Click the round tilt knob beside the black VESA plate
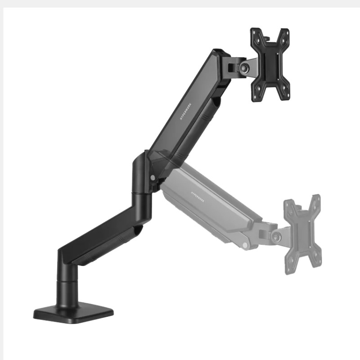click(x=244, y=67)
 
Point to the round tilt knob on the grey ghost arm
click(x=275, y=235)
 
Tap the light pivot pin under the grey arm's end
click(x=244, y=245)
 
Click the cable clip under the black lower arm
click(x=135, y=232)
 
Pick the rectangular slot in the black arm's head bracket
click(x=231, y=68)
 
